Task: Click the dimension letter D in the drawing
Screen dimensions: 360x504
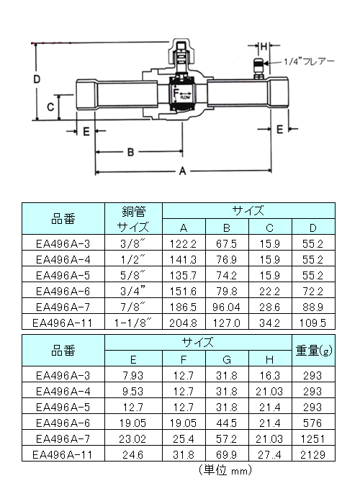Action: coord(37,79)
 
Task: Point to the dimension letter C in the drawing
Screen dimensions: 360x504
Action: coord(50,107)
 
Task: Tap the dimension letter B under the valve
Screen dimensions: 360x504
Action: coord(130,152)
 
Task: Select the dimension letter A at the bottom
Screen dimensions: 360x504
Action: coord(183,171)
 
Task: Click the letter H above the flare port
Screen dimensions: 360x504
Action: coord(264,47)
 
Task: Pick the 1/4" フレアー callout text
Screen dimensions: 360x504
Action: coord(309,61)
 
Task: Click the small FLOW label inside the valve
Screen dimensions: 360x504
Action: coord(186,97)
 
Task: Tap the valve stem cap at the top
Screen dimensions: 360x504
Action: coord(181,50)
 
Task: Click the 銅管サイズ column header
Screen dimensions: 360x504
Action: coord(133,219)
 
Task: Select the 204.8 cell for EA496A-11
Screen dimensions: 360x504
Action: coord(183,323)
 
